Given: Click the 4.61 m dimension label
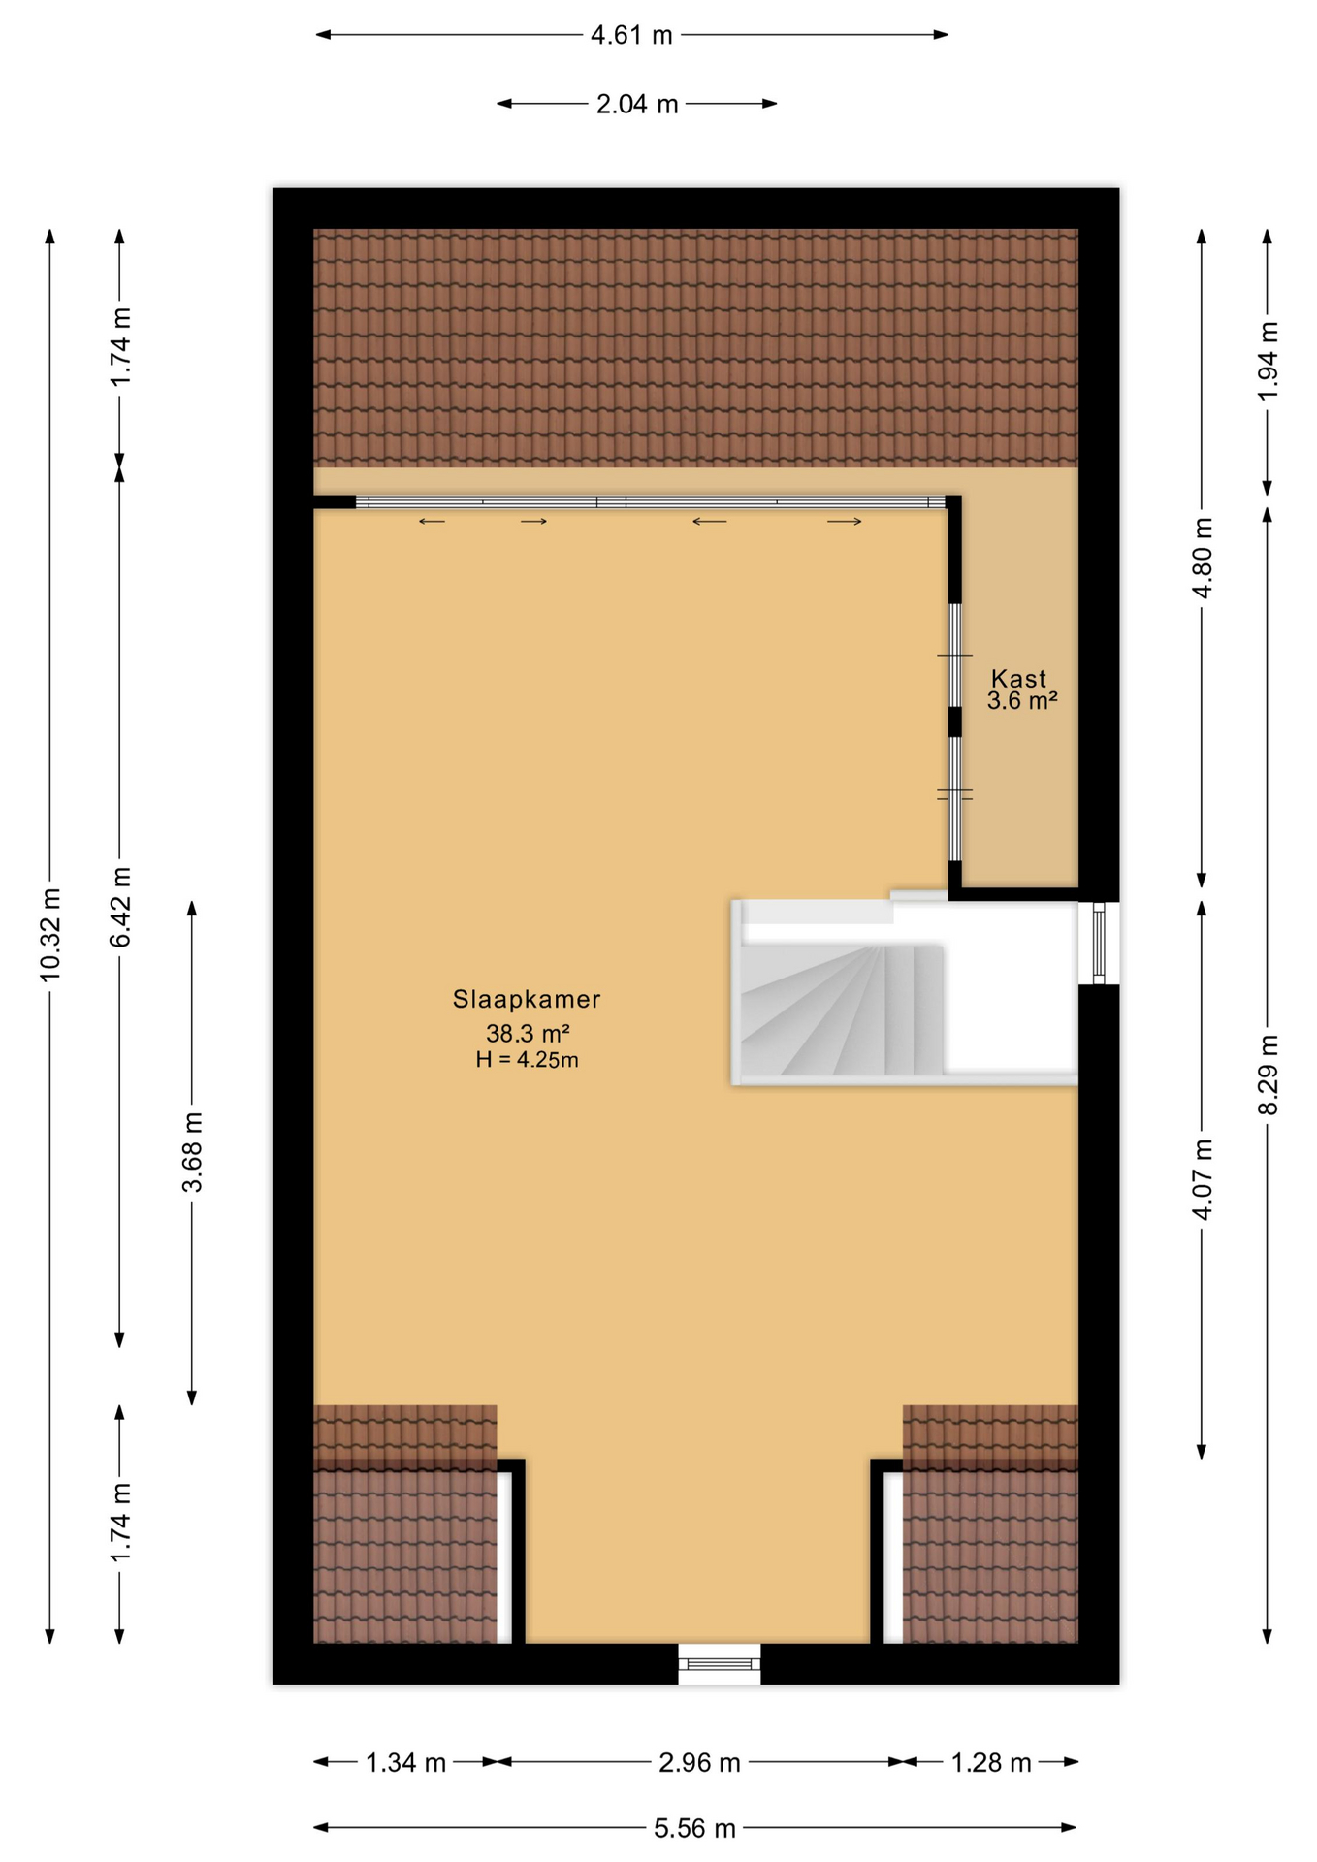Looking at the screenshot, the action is click(x=631, y=36).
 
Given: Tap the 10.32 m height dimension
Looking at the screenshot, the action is click(x=50, y=934).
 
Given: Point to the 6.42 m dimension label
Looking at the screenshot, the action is click(x=120, y=907).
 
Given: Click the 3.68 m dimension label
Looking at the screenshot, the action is click(x=193, y=1152).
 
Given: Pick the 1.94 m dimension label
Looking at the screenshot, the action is click(x=1268, y=360).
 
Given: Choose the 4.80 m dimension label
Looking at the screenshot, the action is click(x=1202, y=558).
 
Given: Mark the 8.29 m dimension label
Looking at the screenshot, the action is click(x=1268, y=1075).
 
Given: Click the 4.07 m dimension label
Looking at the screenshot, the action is click(x=1202, y=1179).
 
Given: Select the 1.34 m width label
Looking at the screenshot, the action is click(x=405, y=1763).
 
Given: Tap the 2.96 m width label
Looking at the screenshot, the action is click(x=699, y=1763).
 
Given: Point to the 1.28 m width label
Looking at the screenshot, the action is click(x=990, y=1763).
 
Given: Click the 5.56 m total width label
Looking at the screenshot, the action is click(x=694, y=1829).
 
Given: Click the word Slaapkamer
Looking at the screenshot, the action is click(x=527, y=999).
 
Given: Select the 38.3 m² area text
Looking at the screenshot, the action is click(x=527, y=1033).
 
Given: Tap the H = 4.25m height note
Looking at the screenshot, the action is click(x=527, y=1060).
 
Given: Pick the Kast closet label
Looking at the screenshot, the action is click(x=1019, y=679).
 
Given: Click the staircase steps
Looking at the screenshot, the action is click(x=842, y=1010).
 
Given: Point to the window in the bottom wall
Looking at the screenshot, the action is click(x=720, y=1664).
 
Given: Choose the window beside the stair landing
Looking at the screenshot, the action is click(x=1099, y=943).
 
